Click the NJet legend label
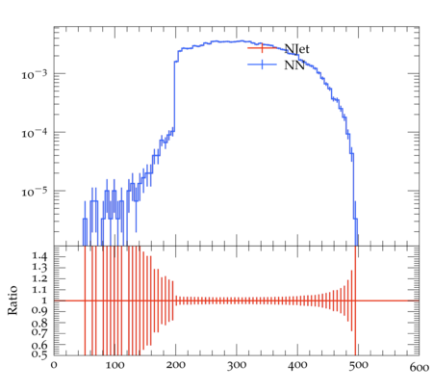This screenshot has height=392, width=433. pos(296,49)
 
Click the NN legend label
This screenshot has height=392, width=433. pos(294,65)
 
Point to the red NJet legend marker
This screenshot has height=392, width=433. pos(262,48)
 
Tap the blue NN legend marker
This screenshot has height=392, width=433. pos(262,65)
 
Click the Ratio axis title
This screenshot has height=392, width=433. pos(13,301)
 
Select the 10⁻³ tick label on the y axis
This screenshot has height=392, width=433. pos(34,74)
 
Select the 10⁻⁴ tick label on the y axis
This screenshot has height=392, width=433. pos(34,133)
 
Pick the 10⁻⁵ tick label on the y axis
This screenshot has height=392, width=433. pos(34,192)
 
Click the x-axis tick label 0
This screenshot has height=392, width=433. pos(54,365)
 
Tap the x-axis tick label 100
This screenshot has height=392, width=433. pos(115,365)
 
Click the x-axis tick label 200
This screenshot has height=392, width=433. pos(176,365)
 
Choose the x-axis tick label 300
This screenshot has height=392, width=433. pos(237,366)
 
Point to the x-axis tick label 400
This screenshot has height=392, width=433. pos(297,366)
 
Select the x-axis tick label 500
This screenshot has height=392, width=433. pos(358,366)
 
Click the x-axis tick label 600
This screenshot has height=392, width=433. pos(420,367)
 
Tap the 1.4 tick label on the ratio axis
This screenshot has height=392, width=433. pos(39,255)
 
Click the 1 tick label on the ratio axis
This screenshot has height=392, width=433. pos(44,301)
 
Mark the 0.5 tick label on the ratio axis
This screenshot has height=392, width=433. pos(39,354)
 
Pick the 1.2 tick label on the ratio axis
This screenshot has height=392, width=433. pos(39,278)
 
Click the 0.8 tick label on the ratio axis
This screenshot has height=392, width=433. pos(39,323)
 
